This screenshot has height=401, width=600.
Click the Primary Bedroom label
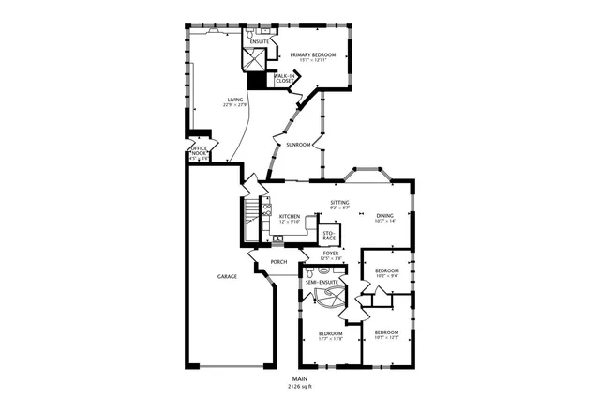click(312, 54)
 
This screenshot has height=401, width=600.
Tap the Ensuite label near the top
click(260, 42)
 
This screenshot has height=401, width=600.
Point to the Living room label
click(234, 100)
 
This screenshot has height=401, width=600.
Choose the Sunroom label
click(299, 145)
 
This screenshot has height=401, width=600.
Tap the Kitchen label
click(290, 217)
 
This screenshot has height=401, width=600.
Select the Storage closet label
click(329, 235)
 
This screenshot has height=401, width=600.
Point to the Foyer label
click(331, 253)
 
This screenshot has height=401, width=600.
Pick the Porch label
click(278, 262)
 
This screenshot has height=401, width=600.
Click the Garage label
click(227, 277)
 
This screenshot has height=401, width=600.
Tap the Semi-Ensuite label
click(322, 282)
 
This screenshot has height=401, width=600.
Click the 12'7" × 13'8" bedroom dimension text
click(331, 339)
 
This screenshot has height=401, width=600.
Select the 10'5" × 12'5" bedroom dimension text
click(387, 338)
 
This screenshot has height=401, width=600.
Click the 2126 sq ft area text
click(299, 386)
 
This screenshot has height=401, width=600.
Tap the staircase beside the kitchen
click(250, 221)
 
